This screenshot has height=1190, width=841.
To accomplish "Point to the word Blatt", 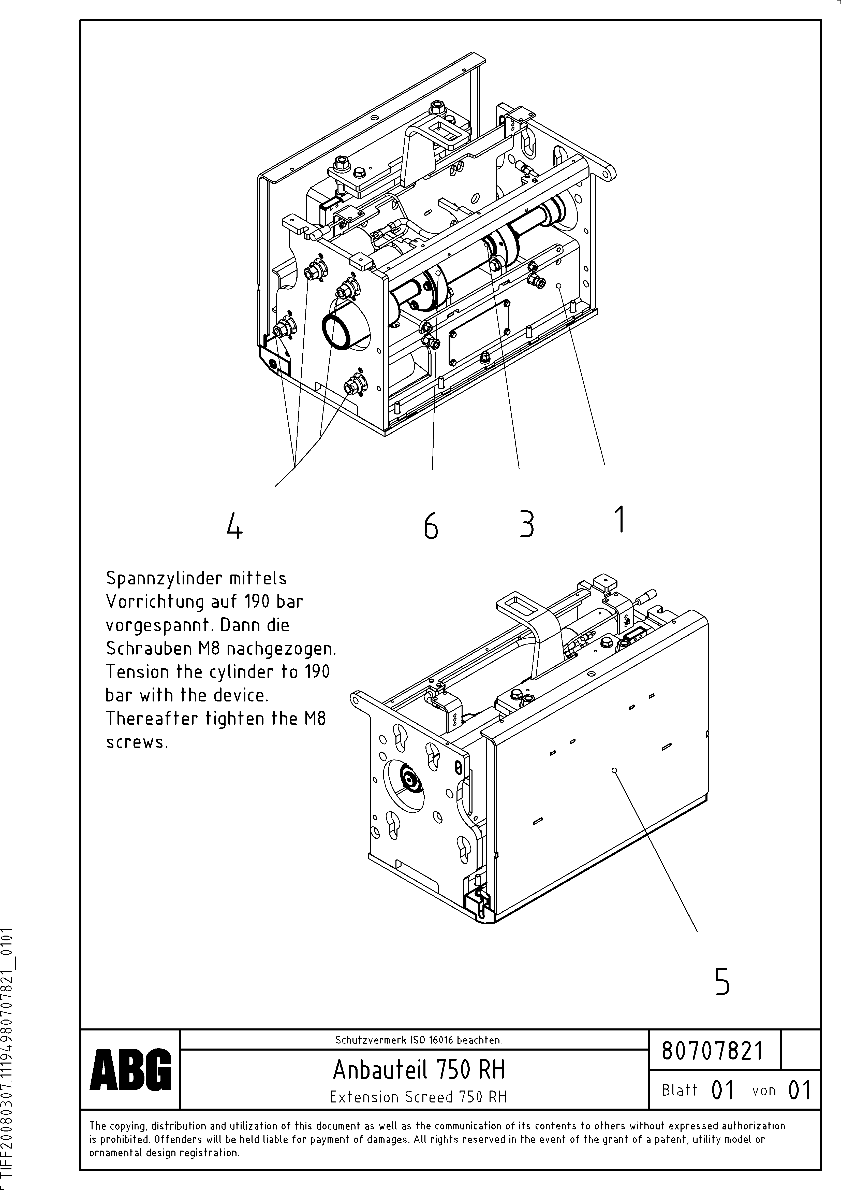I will pos(679,1090).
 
